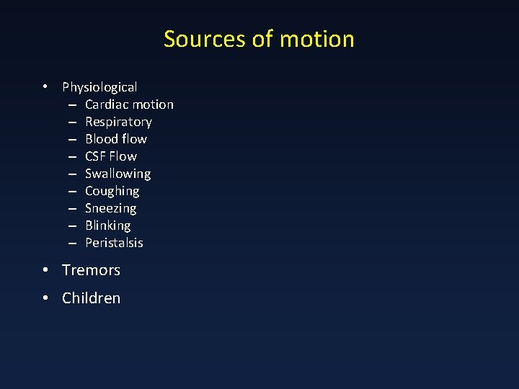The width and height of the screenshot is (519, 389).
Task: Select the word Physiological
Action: pyautogui.click(x=99, y=87)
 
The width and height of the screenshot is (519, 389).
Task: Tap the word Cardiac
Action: pyautogui.click(x=106, y=104)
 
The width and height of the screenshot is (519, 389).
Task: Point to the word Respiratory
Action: pyautogui.click(x=118, y=122)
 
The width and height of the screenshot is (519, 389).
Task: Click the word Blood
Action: pyautogui.click(x=102, y=139)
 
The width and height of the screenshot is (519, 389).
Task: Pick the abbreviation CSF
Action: pyautogui.click(x=96, y=156)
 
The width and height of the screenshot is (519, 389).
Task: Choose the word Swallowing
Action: pyautogui.click(x=117, y=174)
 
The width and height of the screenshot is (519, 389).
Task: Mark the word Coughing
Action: pyautogui.click(x=112, y=191)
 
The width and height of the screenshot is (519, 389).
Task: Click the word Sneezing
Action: pyautogui.click(x=110, y=208)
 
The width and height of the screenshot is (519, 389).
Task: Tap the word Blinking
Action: pyautogui.click(x=107, y=225)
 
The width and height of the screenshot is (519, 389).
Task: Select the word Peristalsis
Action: pyautogui.click(x=114, y=243)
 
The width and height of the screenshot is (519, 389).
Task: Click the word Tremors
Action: pyautogui.click(x=91, y=270)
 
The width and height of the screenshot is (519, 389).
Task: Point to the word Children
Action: pyautogui.click(x=91, y=298)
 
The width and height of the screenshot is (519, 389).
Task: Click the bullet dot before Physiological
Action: pyautogui.click(x=45, y=87)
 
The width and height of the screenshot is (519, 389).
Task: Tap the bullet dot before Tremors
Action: pyautogui.click(x=45, y=270)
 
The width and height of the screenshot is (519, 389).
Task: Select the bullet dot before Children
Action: pyautogui.click(x=45, y=298)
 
